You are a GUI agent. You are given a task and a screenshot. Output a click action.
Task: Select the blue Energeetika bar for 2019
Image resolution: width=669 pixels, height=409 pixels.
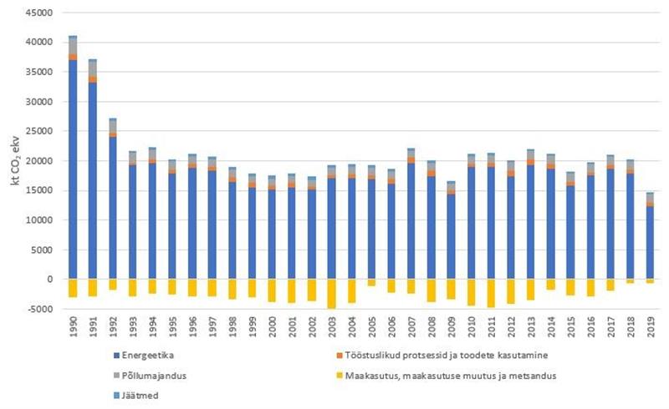pyautogui.click(x=650, y=242)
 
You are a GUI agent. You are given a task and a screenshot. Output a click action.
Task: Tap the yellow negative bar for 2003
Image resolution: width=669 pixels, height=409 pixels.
pyautogui.click(x=332, y=294)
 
